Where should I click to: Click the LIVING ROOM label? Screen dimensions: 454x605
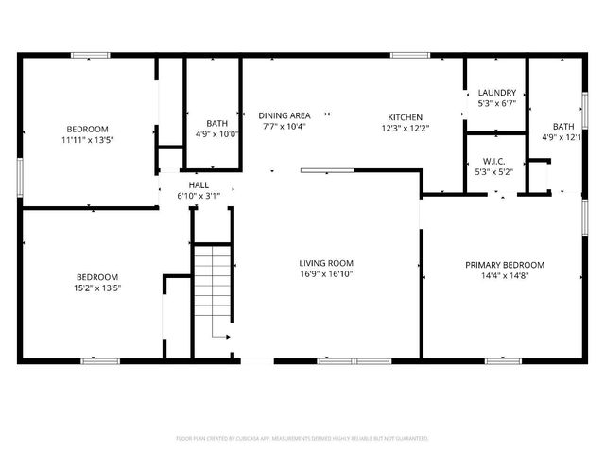click(326, 263)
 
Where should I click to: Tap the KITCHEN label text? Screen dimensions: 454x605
click(406, 116)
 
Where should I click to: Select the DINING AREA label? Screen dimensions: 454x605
click(285, 114)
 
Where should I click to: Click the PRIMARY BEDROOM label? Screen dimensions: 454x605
click(504, 265)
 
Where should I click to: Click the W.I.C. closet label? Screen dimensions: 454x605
click(494, 161)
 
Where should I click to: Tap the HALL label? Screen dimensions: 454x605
click(199, 184)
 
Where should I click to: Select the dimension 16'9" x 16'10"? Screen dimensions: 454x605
click(326, 275)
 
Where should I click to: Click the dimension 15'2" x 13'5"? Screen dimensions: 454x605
click(97, 288)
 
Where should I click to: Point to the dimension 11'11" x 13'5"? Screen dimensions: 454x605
click(87, 140)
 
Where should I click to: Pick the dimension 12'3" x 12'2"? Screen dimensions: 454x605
click(406, 128)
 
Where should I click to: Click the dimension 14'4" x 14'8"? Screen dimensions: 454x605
click(504, 276)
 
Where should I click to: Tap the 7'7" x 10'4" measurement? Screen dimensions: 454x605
click(283, 126)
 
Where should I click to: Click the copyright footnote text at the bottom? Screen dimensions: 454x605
click(302, 439)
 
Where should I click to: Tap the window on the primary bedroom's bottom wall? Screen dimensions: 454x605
click(502, 360)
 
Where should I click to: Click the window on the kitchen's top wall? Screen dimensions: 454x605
click(409, 55)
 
